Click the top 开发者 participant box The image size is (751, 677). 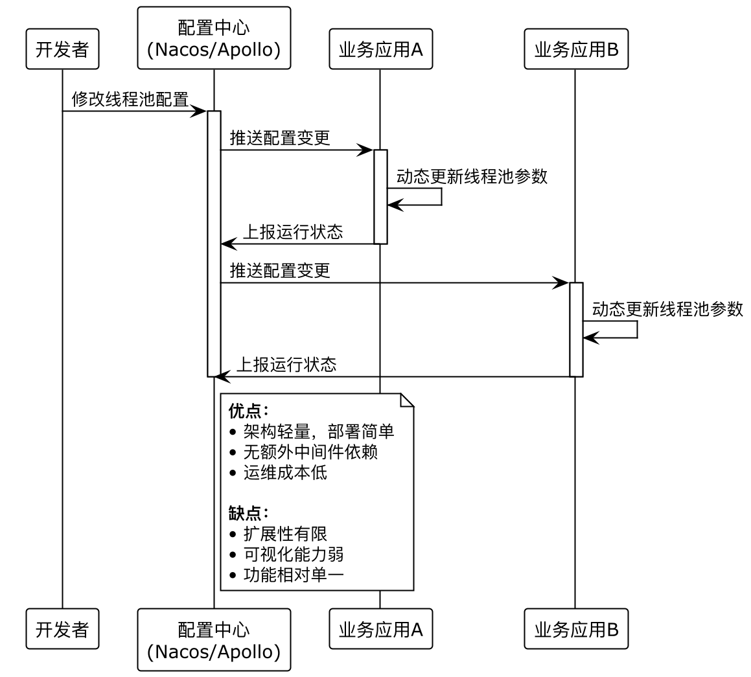click(62, 50)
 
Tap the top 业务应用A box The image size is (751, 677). click(380, 50)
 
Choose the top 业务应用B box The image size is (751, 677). click(576, 50)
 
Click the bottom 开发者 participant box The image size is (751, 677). click(62, 629)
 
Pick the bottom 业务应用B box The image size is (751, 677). click(576, 629)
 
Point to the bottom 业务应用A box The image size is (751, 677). click(380, 629)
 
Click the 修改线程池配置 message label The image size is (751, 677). click(130, 100)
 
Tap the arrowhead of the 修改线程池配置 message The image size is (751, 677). click(200, 111)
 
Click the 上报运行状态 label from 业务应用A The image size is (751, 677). click(292, 232)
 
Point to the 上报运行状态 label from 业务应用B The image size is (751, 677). click(286, 364)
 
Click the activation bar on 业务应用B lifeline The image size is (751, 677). click(576, 329)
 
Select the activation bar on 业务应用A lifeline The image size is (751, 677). click(380, 197)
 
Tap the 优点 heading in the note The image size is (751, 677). click(248, 411)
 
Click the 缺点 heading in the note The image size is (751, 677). click(248, 513)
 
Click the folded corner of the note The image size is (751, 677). click(408, 399)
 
